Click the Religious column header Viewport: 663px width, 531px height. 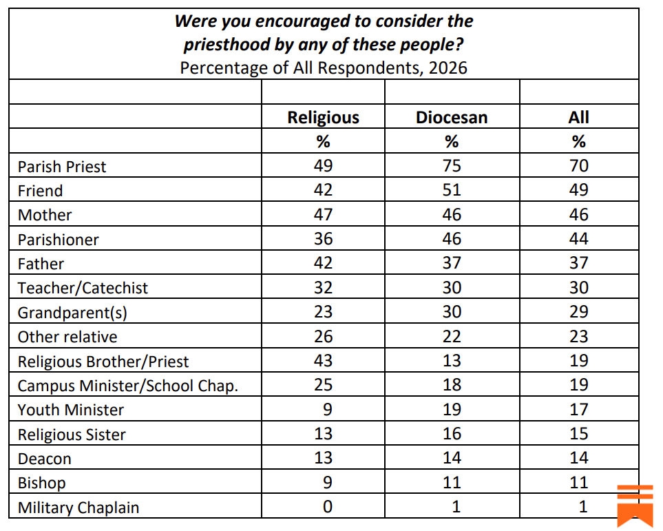(323, 117)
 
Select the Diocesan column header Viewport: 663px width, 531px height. (451, 117)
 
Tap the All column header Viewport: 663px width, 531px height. (579, 117)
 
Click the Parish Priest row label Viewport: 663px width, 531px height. (62, 167)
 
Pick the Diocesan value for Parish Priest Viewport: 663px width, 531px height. (451, 166)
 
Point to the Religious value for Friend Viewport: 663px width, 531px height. (323, 191)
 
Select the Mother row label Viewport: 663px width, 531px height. (45, 215)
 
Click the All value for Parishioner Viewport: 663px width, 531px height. (579, 239)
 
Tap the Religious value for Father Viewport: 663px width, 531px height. (323, 264)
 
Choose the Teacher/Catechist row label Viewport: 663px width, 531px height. (83, 288)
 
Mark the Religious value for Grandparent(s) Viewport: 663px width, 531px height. (323, 312)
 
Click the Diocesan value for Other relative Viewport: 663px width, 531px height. (451, 337)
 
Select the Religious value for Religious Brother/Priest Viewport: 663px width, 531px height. (323, 361)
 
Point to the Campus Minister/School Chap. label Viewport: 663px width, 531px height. (128, 386)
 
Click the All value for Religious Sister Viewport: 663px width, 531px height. (579, 434)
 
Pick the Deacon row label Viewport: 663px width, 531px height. (45, 459)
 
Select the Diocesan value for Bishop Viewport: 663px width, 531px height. (451, 483)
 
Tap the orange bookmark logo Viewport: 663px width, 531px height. (635, 506)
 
